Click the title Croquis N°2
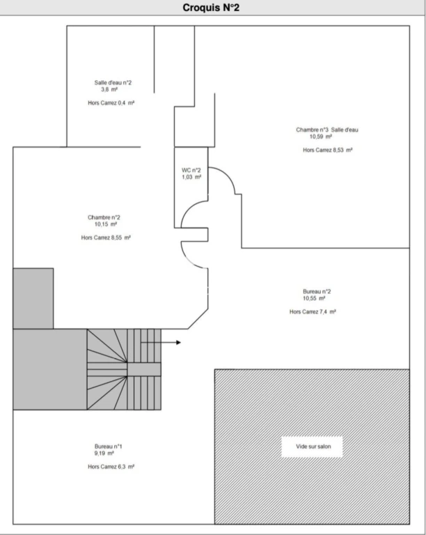(x=211, y=8)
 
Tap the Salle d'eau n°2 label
(x=113, y=83)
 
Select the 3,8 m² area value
(x=109, y=89)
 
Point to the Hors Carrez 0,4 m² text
(x=111, y=102)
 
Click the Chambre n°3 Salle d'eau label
(x=327, y=130)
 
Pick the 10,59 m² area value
(x=321, y=137)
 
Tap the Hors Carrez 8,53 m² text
(x=328, y=150)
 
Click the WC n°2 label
(x=191, y=170)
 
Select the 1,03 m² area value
(x=191, y=177)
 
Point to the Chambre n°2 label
(x=104, y=217)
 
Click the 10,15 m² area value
(x=106, y=224)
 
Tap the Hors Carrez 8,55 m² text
(x=106, y=238)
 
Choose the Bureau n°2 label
(x=317, y=291)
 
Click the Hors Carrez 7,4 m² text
(x=313, y=311)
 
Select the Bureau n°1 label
(x=109, y=447)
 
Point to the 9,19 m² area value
(x=104, y=453)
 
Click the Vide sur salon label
(x=313, y=447)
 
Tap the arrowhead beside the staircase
(x=179, y=342)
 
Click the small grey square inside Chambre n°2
(x=33, y=299)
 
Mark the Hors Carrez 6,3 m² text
(x=111, y=467)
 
